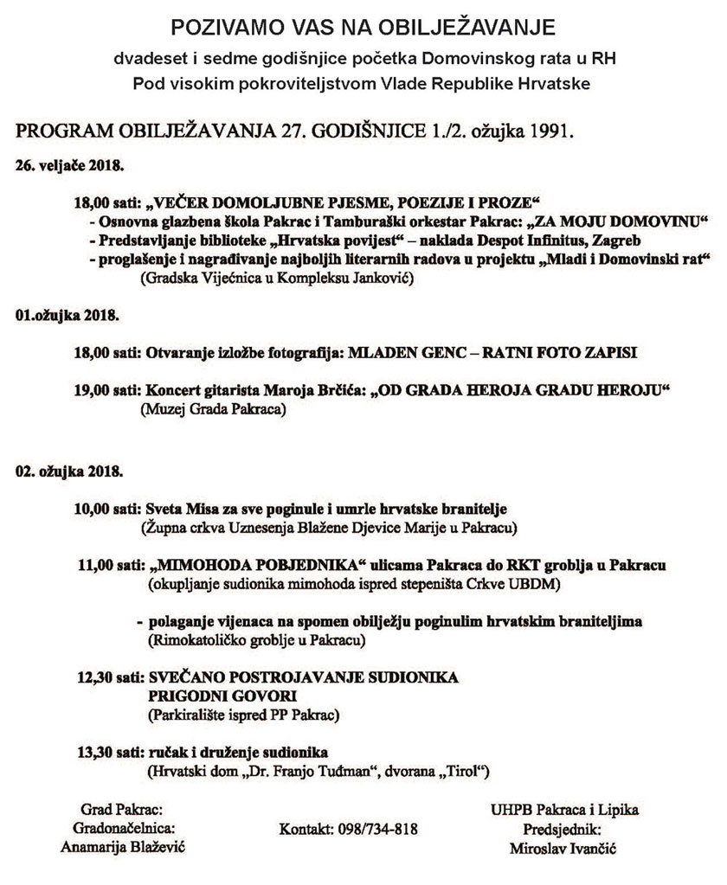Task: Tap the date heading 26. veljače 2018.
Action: tap(70, 163)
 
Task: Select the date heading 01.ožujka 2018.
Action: tap(67, 316)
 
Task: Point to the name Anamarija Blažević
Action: tap(124, 847)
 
